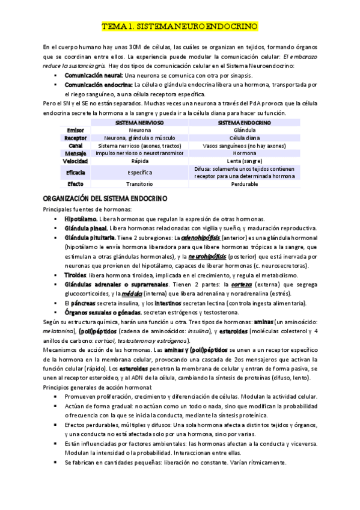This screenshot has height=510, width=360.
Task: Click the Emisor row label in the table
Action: coord(76,130)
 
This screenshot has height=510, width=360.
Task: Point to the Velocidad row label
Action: coord(76,162)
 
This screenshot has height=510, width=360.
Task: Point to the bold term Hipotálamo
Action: coord(81,220)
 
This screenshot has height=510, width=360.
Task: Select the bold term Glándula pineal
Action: coord(86,229)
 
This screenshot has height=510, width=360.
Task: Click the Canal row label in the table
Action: coord(76,146)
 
